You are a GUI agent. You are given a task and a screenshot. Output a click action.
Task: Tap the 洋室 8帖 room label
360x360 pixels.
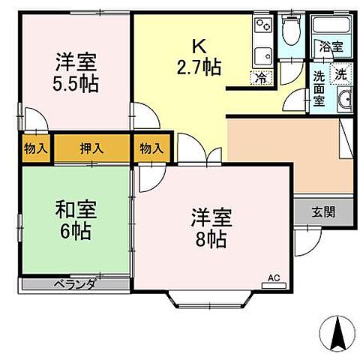coord(211,229)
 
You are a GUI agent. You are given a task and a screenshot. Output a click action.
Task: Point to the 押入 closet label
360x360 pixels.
coord(91,148)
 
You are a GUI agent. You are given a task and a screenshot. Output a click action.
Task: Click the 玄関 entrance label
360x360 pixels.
coord(324,211)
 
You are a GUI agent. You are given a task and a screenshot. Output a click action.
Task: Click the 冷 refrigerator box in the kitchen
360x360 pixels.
coord(261,76)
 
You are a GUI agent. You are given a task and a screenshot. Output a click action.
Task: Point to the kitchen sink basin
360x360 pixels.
coord(262,55)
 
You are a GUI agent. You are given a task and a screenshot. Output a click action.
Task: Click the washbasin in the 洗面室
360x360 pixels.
coord(345,100)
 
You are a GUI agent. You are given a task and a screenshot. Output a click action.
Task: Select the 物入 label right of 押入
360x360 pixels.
coord(151,148)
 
